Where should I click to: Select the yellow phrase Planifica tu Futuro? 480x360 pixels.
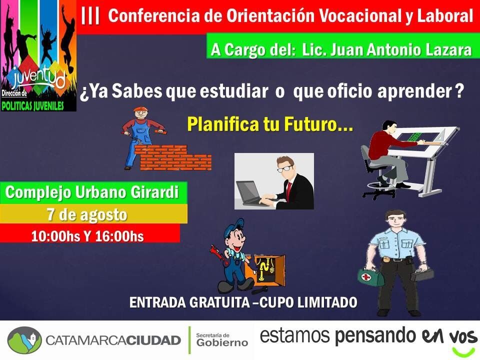click(x=270, y=124)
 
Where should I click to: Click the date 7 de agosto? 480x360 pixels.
click(x=87, y=214)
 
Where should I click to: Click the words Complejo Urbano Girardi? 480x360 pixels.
click(x=92, y=192)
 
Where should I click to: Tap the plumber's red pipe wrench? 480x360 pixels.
click(x=218, y=254)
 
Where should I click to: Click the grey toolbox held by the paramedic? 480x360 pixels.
click(x=421, y=275)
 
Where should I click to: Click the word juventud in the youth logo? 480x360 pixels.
click(x=39, y=78)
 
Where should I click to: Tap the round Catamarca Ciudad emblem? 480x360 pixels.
click(x=24, y=340)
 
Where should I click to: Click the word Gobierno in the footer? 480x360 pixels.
click(x=222, y=342)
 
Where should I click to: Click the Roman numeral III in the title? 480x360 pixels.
click(x=90, y=16)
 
